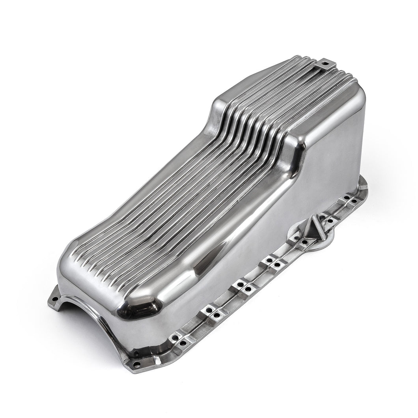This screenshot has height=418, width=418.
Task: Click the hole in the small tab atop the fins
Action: (x=325, y=62)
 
